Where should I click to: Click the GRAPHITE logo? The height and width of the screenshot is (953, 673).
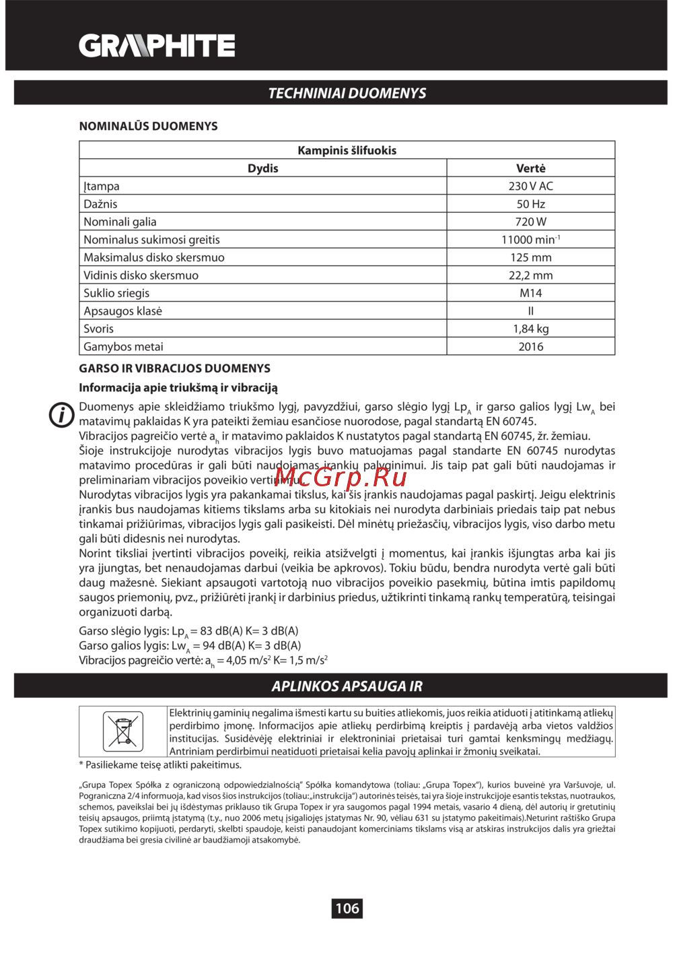pyautogui.click(x=157, y=46)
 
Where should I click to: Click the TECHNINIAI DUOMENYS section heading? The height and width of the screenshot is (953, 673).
pyautogui.click(x=347, y=93)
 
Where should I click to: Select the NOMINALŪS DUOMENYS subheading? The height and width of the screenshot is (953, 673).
pyautogui.click(x=148, y=126)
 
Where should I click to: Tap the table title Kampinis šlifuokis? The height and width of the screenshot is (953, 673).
pyautogui.click(x=347, y=150)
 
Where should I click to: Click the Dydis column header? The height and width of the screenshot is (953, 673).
pyautogui.click(x=262, y=168)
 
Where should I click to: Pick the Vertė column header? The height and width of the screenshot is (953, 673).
pyautogui.click(x=530, y=168)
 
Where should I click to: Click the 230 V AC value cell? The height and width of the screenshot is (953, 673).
pyautogui.click(x=530, y=186)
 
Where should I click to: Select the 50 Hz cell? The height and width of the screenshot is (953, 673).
pyautogui.click(x=530, y=204)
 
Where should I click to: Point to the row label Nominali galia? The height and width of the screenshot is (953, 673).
pyautogui.click(x=120, y=222)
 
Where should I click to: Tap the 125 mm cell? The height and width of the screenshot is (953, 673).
pyautogui.click(x=530, y=257)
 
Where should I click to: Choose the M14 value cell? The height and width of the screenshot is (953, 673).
pyautogui.click(x=530, y=293)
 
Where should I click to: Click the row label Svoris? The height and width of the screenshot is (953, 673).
pyautogui.click(x=98, y=329)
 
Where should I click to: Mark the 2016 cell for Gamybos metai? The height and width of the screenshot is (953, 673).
pyautogui.click(x=530, y=347)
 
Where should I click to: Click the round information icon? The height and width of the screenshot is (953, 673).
pyautogui.click(x=61, y=414)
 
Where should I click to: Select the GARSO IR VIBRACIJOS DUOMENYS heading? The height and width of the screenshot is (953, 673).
pyautogui.click(x=174, y=368)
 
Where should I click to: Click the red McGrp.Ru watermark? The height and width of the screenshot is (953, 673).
pyautogui.click(x=341, y=477)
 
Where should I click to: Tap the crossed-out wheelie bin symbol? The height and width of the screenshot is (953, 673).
pyautogui.click(x=122, y=731)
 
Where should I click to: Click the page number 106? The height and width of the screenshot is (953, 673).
pyautogui.click(x=347, y=908)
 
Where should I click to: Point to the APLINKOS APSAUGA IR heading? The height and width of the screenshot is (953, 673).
pyautogui.click(x=347, y=686)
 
